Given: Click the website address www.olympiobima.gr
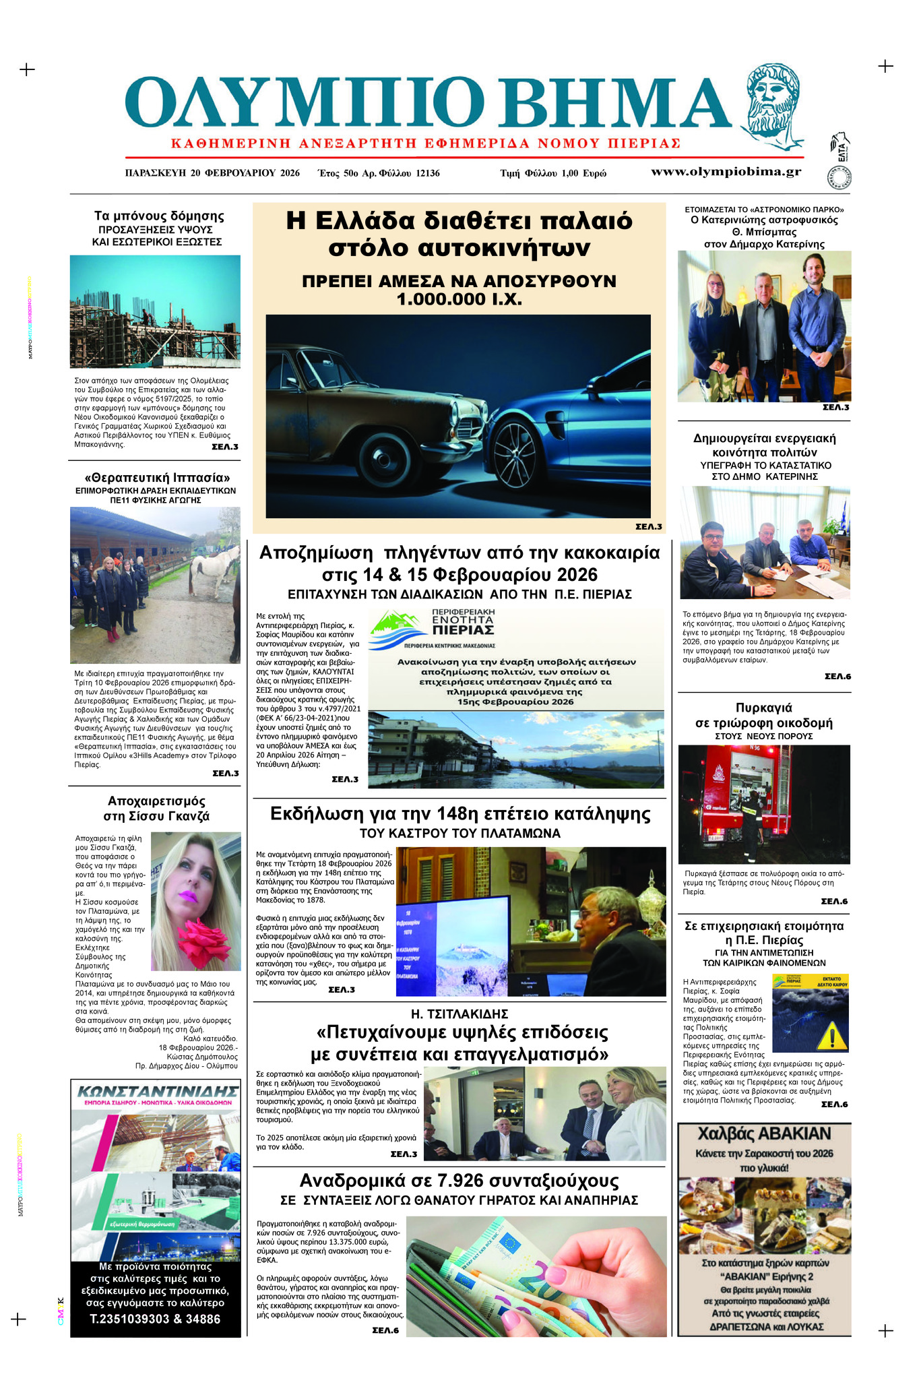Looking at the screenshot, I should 726,172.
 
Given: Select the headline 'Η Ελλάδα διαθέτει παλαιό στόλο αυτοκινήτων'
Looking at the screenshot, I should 459,234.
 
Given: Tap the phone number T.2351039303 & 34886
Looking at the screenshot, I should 155,1319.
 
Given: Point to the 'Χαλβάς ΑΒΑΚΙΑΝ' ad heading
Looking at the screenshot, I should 764,1134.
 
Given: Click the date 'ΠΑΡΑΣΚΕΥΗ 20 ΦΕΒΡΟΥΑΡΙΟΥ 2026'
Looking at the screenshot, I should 212,173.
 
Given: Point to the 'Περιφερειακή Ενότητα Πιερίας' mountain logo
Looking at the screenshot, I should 399,624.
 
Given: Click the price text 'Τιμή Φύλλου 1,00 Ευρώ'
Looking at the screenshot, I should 552,173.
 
